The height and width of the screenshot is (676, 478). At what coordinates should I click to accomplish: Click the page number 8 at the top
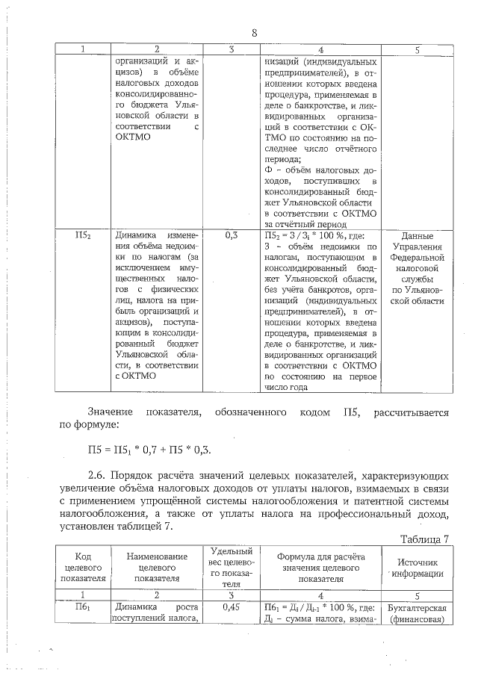254,33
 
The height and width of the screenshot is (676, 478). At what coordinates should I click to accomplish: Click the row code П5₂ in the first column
83,235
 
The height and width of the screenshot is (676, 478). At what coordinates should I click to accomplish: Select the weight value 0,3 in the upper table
232,235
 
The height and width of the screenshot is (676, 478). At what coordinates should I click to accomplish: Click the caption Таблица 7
425,539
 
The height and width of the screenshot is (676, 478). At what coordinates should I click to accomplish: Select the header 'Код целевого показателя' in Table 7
83,567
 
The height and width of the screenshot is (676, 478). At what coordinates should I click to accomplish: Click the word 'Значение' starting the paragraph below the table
110,412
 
